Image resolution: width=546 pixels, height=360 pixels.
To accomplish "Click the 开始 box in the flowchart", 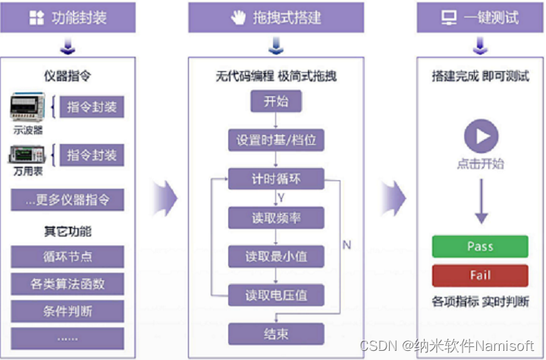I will click(275, 102).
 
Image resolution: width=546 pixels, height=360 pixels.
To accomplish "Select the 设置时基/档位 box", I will click(275, 141).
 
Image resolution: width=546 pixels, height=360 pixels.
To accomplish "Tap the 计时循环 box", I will click(275, 180).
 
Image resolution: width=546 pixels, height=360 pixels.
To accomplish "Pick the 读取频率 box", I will click(275, 218).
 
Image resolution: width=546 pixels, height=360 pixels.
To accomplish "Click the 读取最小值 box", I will click(275, 256).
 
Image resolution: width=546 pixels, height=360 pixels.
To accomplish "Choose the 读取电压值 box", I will click(275, 295).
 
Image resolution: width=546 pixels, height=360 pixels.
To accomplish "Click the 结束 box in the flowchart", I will click(275, 333).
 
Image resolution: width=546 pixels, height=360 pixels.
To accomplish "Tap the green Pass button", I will click(479, 247).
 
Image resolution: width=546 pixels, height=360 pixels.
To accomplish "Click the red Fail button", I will click(479, 276).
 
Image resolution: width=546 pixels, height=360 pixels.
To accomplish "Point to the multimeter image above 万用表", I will click(28, 155).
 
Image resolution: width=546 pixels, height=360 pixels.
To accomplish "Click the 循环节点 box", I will click(67, 256).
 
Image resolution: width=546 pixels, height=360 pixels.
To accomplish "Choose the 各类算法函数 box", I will click(67, 284).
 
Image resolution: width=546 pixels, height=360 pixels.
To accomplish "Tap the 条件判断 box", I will click(67, 311).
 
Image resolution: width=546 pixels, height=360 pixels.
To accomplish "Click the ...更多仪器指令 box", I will click(67, 200).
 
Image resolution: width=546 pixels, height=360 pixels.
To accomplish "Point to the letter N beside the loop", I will click(347, 245).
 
